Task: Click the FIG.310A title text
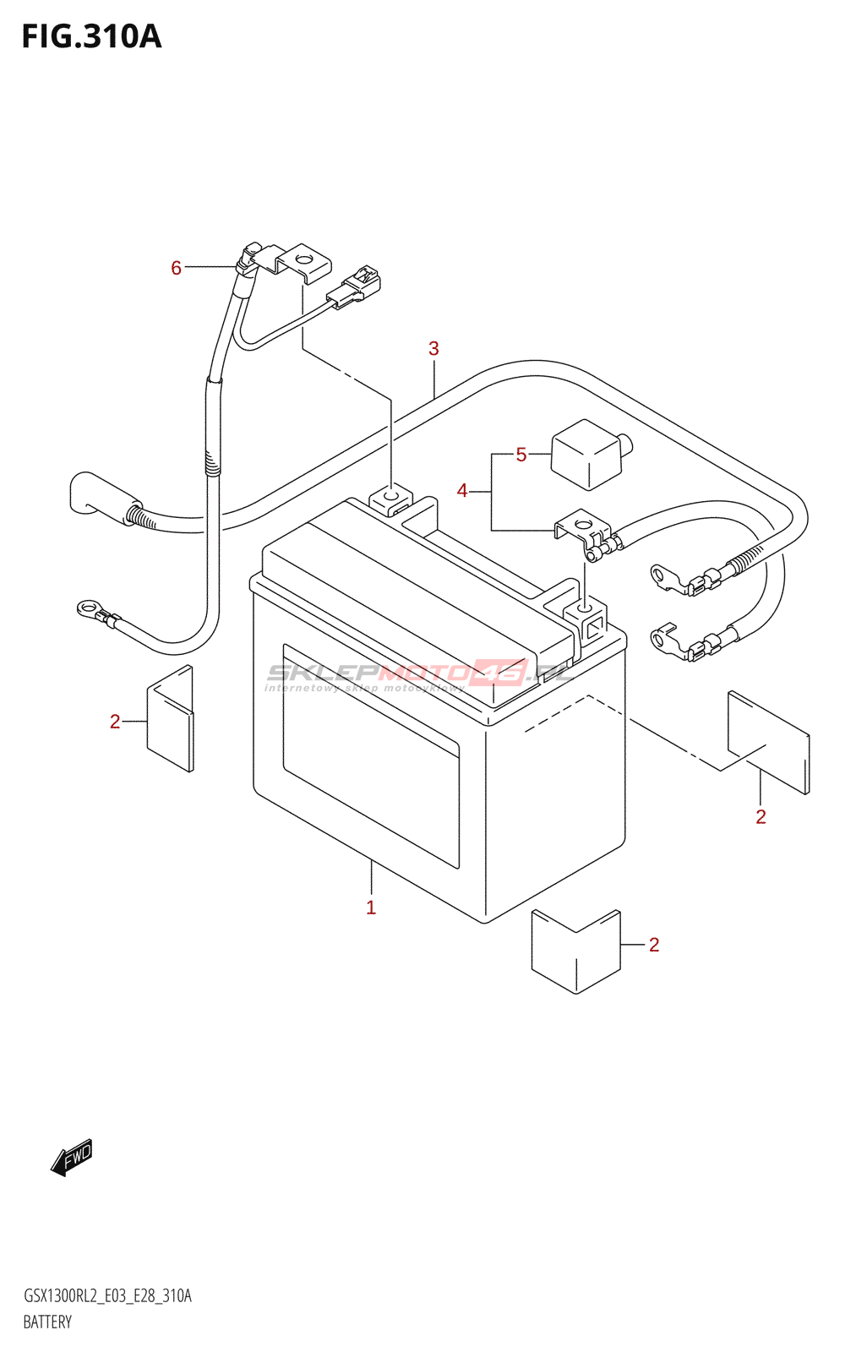click(91, 37)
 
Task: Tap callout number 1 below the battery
click(371, 908)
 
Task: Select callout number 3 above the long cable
click(433, 348)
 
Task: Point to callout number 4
click(462, 490)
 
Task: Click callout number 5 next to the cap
click(521, 455)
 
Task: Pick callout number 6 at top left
click(176, 268)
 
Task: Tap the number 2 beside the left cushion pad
click(115, 721)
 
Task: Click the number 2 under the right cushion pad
click(760, 816)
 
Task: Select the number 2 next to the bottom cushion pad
click(654, 944)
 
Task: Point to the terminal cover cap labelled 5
click(588, 454)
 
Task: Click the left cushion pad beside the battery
click(171, 719)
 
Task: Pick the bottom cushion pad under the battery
click(575, 951)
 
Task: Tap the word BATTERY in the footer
click(47, 1322)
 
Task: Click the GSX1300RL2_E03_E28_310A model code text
click(107, 1296)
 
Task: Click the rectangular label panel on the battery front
click(370, 755)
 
